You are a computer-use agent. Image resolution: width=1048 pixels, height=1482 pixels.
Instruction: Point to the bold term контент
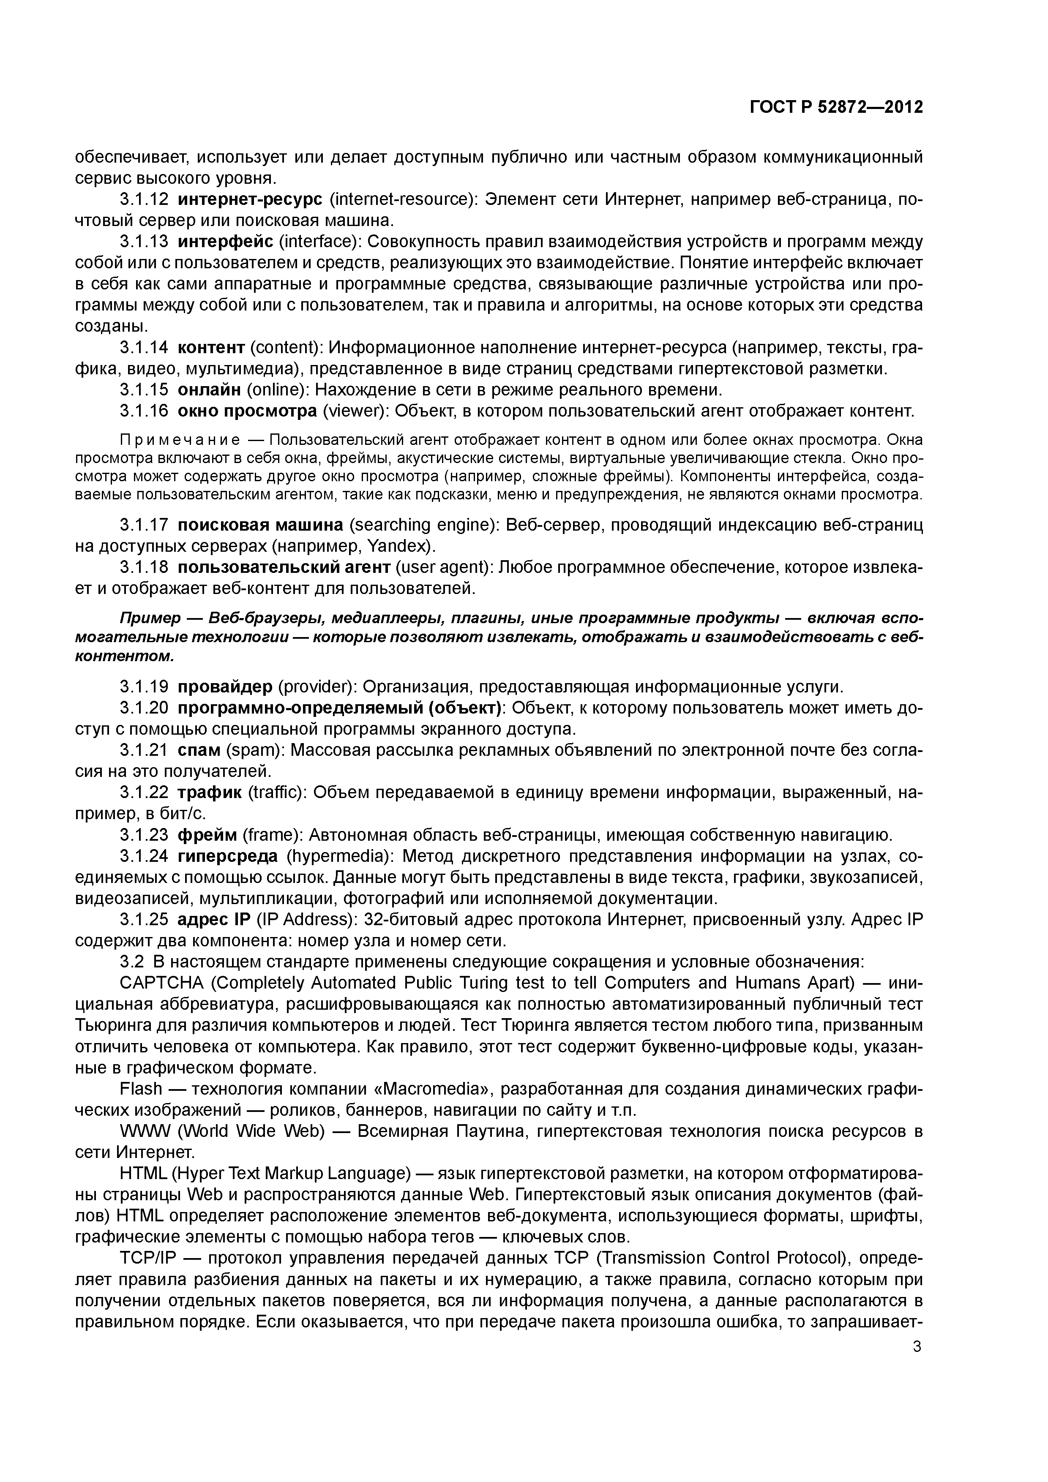210,348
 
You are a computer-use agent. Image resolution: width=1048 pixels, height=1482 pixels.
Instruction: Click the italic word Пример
150,618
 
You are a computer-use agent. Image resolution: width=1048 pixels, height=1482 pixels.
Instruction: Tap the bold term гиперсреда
228,856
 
